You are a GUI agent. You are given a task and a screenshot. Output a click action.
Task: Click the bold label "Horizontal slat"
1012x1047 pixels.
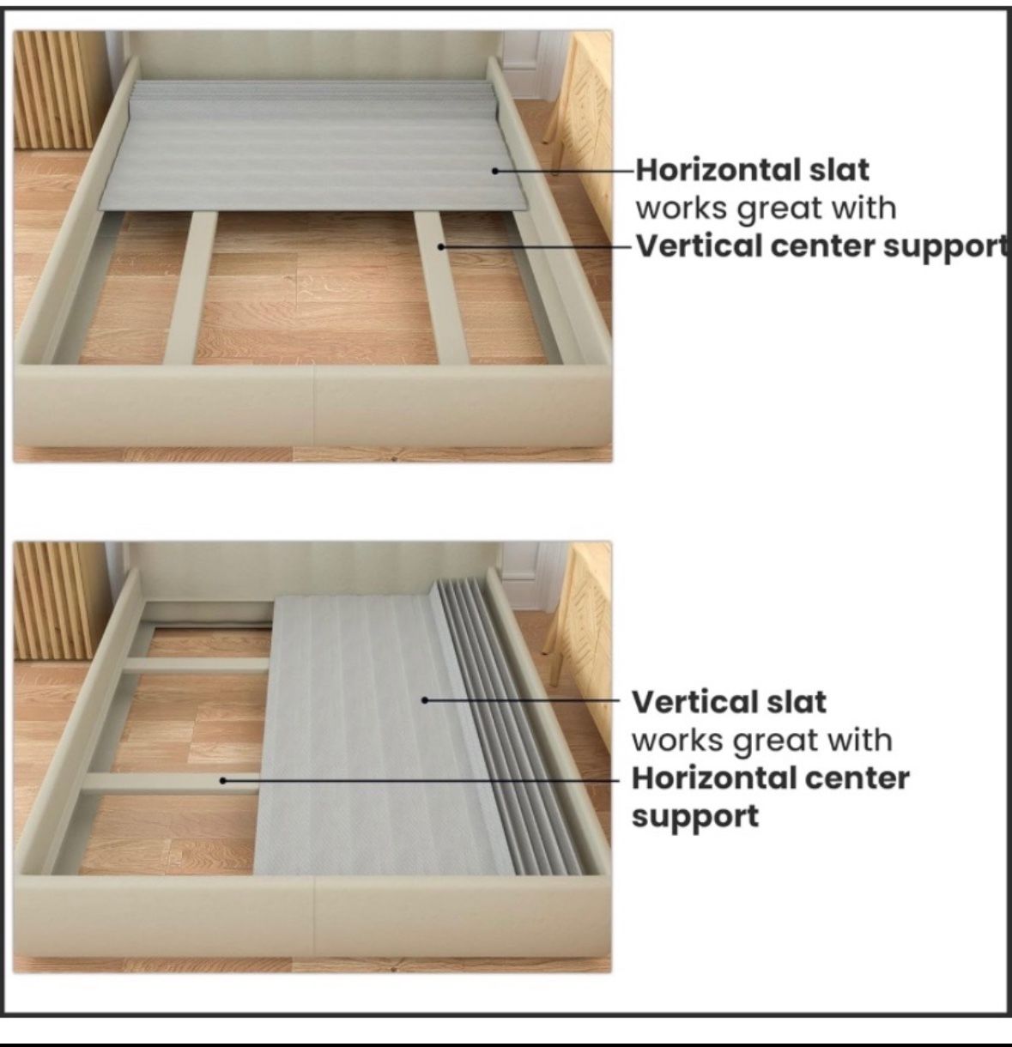pos(752,170)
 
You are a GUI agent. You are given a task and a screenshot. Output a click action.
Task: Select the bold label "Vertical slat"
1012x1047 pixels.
pos(729,702)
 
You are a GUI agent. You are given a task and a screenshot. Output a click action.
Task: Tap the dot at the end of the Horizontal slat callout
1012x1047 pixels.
pos(495,171)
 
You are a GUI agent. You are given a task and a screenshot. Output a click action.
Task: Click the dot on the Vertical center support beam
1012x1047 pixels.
pos(440,247)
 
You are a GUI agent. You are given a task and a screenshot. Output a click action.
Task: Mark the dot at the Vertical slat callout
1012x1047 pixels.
pos(425,700)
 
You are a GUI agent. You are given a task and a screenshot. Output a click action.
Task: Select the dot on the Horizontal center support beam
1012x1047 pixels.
pos(222,780)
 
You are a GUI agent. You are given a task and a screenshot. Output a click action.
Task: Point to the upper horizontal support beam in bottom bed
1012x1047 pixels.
pos(198,664)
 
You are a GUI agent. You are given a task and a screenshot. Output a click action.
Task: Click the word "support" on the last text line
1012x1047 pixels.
pos(695,817)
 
